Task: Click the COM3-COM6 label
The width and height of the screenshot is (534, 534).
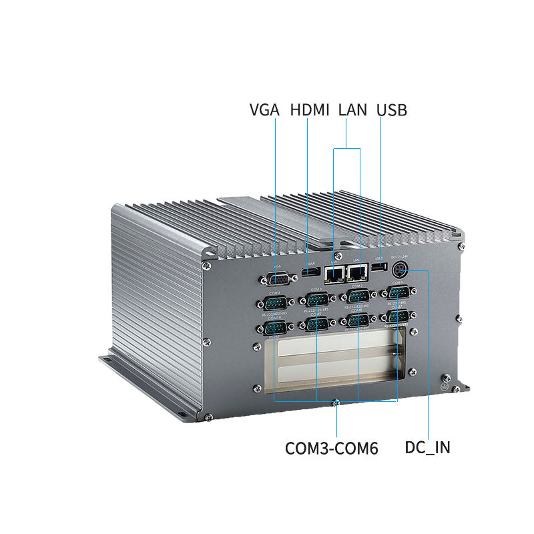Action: [x=332, y=448]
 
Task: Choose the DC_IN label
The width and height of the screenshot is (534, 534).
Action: [x=427, y=448]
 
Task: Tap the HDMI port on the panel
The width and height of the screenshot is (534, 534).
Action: [x=308, y=272]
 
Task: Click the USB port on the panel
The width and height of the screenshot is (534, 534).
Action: [x=379, y=268]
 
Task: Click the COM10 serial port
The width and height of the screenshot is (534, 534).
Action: [x=274, y=328]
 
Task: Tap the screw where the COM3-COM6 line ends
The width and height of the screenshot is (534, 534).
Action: [x=337, y=403]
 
